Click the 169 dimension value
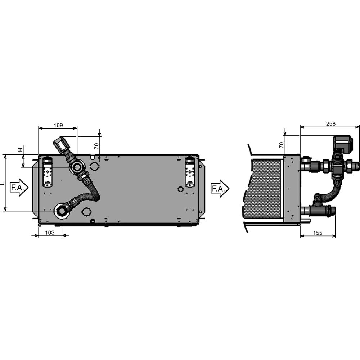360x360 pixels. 58,125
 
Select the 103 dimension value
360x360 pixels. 50,233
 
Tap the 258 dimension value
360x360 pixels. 330,124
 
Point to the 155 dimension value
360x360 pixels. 318,233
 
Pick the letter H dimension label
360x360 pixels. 21,149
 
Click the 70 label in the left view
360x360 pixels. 96,146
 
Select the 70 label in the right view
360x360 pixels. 282,145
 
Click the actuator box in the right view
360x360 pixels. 343,143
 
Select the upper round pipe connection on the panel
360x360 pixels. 77,167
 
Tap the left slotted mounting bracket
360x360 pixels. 47,172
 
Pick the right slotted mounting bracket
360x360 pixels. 190,172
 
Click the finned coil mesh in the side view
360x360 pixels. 262,189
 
